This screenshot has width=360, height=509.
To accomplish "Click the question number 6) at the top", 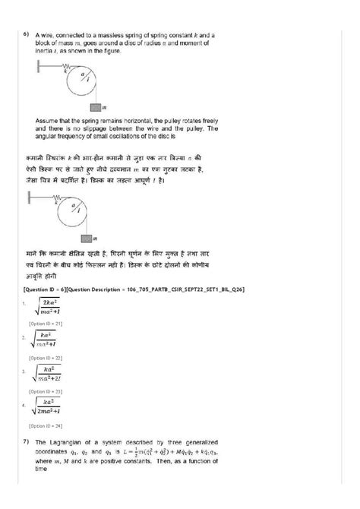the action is click(26, 35).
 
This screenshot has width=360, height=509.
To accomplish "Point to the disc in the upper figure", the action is click(90, 77).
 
